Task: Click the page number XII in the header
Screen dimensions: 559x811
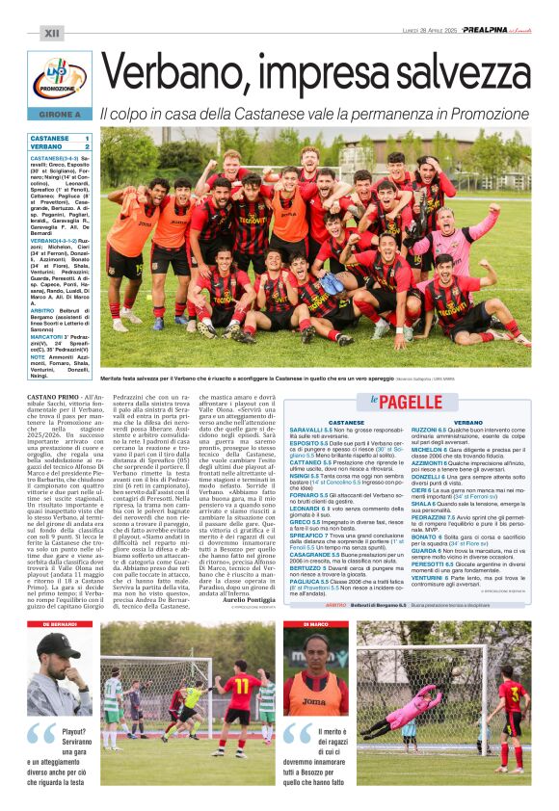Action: click(x=53, y=34)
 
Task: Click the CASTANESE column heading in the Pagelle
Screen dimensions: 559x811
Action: click(x=346, y=422)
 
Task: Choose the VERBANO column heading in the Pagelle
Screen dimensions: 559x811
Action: click(x=468, y=422)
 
